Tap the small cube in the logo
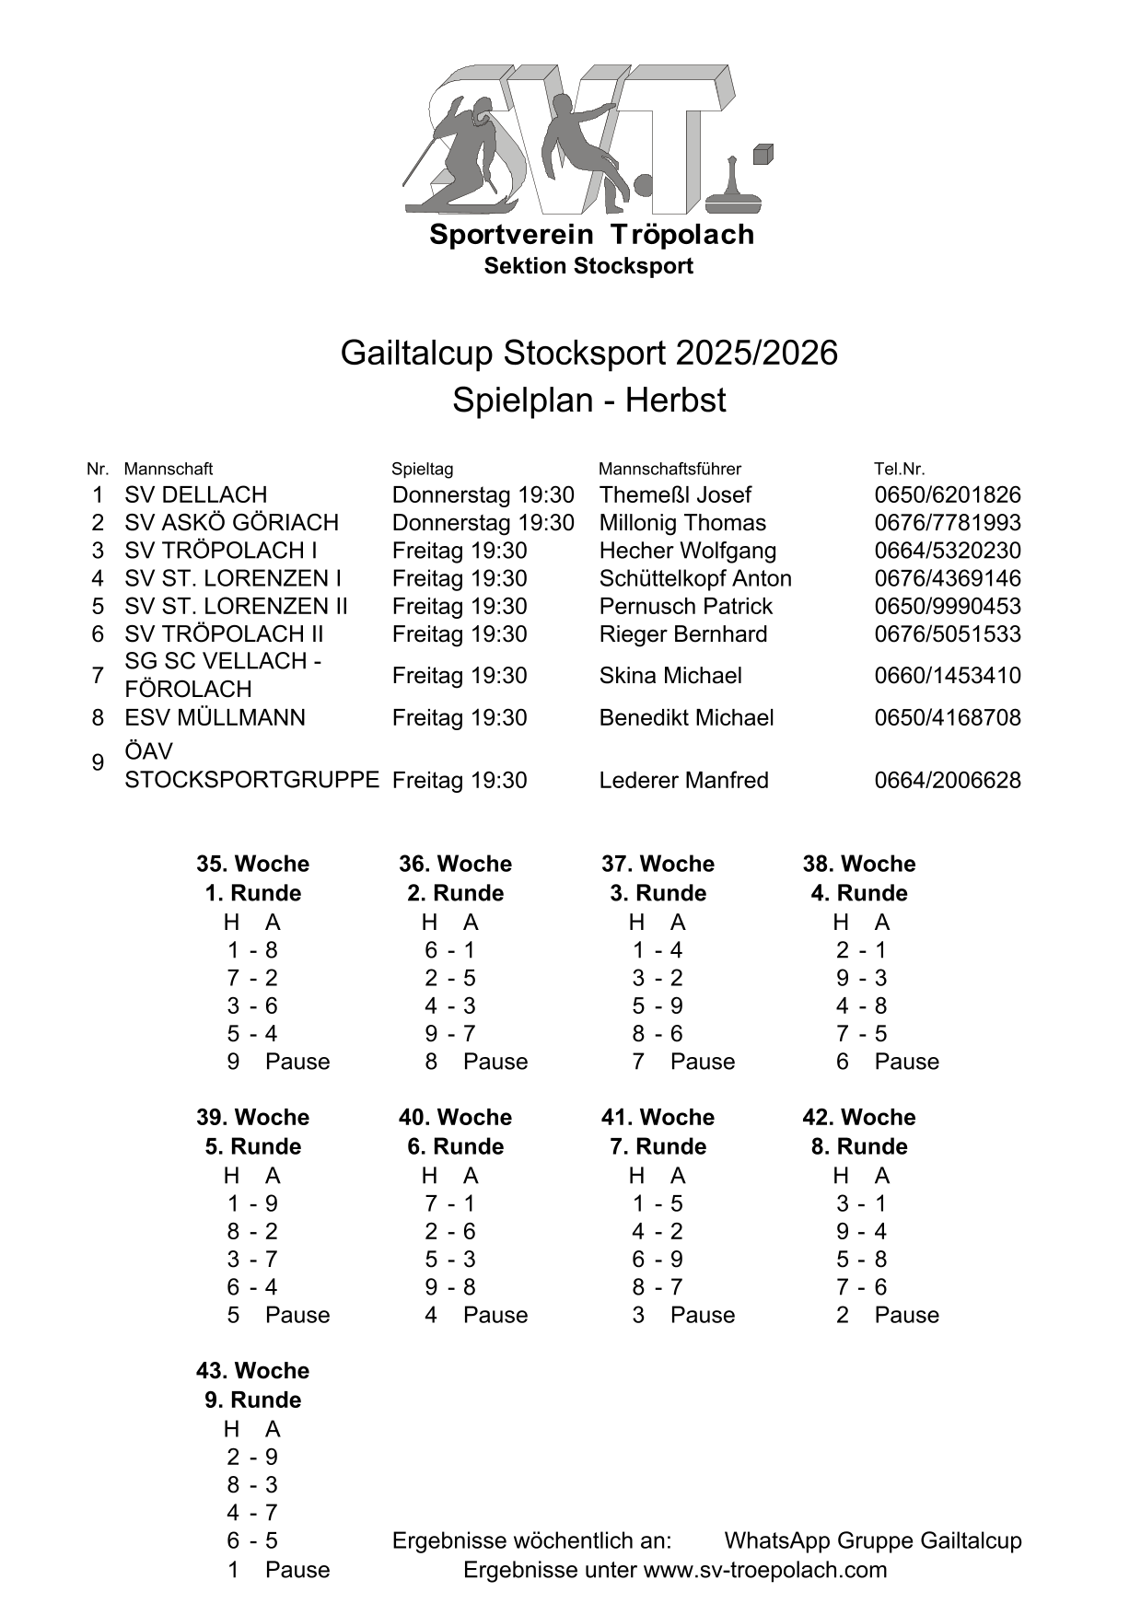(763, 154)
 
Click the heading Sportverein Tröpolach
(591, 235)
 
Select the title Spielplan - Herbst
(588, 401)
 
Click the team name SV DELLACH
(195, 495)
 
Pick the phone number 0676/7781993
(947, 523)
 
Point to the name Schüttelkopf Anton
(694, 578)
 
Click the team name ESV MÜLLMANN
(215, 717)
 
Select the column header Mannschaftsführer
(669, 469)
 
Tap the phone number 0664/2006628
(947, 780)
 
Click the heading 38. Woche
(858, 864)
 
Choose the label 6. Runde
(455, 1146)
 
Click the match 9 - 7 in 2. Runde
(449, 1033)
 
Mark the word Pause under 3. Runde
(702, 1062)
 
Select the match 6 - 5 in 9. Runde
(251, 1540)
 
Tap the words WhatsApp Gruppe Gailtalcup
(872, 1540)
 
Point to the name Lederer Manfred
(683, 780)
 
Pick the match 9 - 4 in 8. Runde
(861, 1231)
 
